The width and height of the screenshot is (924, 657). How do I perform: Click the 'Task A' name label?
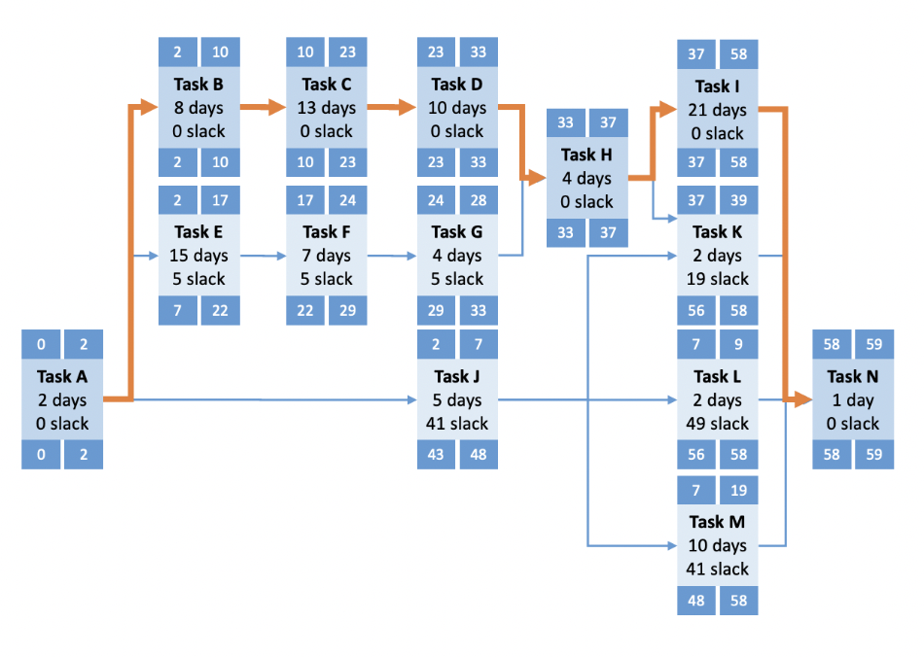click(61, 377)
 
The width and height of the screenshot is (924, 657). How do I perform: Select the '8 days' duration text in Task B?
click(198, 108)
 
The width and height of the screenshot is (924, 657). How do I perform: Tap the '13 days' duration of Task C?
click(327, 108)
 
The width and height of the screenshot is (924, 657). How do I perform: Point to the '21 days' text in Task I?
click(717, 110)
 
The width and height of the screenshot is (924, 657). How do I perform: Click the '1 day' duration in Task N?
click(852, 399)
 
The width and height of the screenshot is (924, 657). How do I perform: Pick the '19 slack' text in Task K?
click(717, 279)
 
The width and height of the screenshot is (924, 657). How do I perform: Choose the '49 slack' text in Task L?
click(717, 424)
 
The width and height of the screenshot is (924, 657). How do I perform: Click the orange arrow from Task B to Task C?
click(263, 107)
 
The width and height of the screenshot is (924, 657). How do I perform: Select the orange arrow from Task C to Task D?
click(391, 107)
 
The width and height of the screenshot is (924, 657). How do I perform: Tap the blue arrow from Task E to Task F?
click(263, 256)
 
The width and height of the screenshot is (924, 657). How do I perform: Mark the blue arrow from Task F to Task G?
click(391, 256)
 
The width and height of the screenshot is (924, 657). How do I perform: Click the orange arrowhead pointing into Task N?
click(802, 399)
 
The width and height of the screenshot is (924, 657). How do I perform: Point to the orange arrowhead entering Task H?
click(536, 178)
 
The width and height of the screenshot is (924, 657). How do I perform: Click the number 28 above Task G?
click(478, 200)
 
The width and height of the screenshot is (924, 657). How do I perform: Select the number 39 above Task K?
click(738, 200)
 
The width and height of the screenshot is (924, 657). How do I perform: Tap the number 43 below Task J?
click(436, 454)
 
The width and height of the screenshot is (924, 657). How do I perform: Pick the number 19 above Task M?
click(738, 491)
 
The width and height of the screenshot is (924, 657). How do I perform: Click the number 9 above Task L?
click(738, 345)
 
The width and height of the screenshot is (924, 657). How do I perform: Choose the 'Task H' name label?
click(586, 155)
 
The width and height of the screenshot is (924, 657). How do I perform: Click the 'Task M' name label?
click(717, 522)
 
